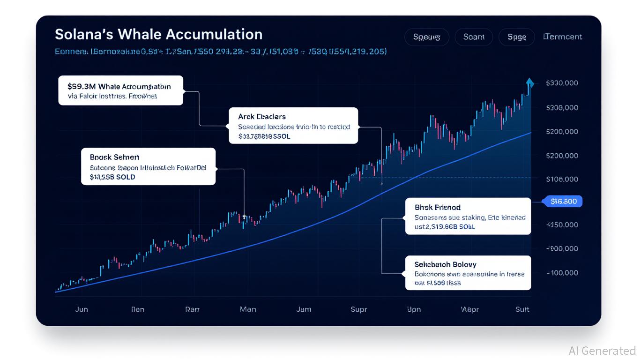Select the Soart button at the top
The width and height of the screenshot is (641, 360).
coord(473,37)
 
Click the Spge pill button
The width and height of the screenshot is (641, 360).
coord(516,37)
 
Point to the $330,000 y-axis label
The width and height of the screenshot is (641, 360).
coord(562,83)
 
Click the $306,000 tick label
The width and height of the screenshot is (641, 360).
coord(562,107)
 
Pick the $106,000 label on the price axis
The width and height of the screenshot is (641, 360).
coord(562,179)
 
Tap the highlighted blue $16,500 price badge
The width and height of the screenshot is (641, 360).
coord(563,202)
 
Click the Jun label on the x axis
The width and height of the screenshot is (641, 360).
coord(81,309)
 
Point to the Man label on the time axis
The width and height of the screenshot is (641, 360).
coord(247,309)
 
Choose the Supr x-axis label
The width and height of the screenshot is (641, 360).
coord(359,309)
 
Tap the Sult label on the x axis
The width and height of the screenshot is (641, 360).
coord(522,309)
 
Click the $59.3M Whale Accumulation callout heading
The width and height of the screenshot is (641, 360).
coord(119,86)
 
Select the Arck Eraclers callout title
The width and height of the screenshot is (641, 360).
coord(255,116)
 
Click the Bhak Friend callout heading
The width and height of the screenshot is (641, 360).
coord(437,207)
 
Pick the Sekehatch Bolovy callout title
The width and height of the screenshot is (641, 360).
coord(445,264)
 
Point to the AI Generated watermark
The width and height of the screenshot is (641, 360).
coord(602,351)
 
